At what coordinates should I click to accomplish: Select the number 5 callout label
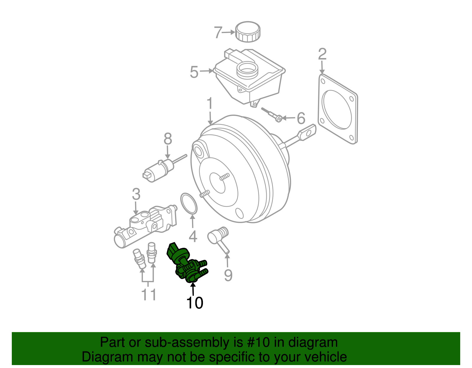(194, 72)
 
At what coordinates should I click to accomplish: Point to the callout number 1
(209, 104)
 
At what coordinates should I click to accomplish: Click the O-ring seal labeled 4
(189, 203)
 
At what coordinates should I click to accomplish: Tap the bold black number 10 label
(195, 303)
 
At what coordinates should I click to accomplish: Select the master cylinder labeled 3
(145, 227)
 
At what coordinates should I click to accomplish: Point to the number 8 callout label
(168, 139)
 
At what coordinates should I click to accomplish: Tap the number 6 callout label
(301, 118)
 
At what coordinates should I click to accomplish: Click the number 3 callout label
(136, 194)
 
